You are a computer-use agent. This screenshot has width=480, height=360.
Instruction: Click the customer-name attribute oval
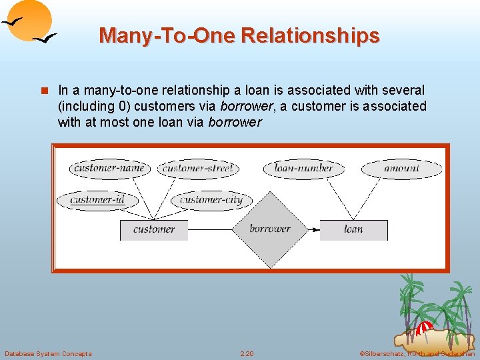(x=109, y=169)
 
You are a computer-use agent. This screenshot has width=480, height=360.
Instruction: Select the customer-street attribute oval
(x=198, y=169)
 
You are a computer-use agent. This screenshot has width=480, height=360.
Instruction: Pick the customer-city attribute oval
(x=211, y=200)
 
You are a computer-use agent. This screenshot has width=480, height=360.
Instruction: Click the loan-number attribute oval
(x=303, y=169)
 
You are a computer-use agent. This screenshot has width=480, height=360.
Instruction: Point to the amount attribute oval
(x=402, y=169)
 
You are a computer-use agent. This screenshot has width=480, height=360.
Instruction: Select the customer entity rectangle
(x=153, y=229)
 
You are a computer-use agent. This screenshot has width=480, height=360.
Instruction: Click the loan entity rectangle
(x=353, y=229)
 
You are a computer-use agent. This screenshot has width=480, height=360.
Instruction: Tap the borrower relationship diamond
(x=269, y=229)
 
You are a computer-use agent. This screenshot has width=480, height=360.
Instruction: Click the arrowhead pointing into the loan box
(x=315, y=229)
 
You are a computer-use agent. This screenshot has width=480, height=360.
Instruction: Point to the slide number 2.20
(x=247, y=353)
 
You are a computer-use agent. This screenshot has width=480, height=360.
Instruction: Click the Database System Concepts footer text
(x=48, y=353)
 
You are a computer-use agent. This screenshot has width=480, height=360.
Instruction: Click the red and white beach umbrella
(x=424, y=328)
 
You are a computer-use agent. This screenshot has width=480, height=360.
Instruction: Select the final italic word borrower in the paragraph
(x=235, y=122)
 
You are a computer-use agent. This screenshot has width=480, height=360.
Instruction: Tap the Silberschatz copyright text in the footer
(x=417, y=353)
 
